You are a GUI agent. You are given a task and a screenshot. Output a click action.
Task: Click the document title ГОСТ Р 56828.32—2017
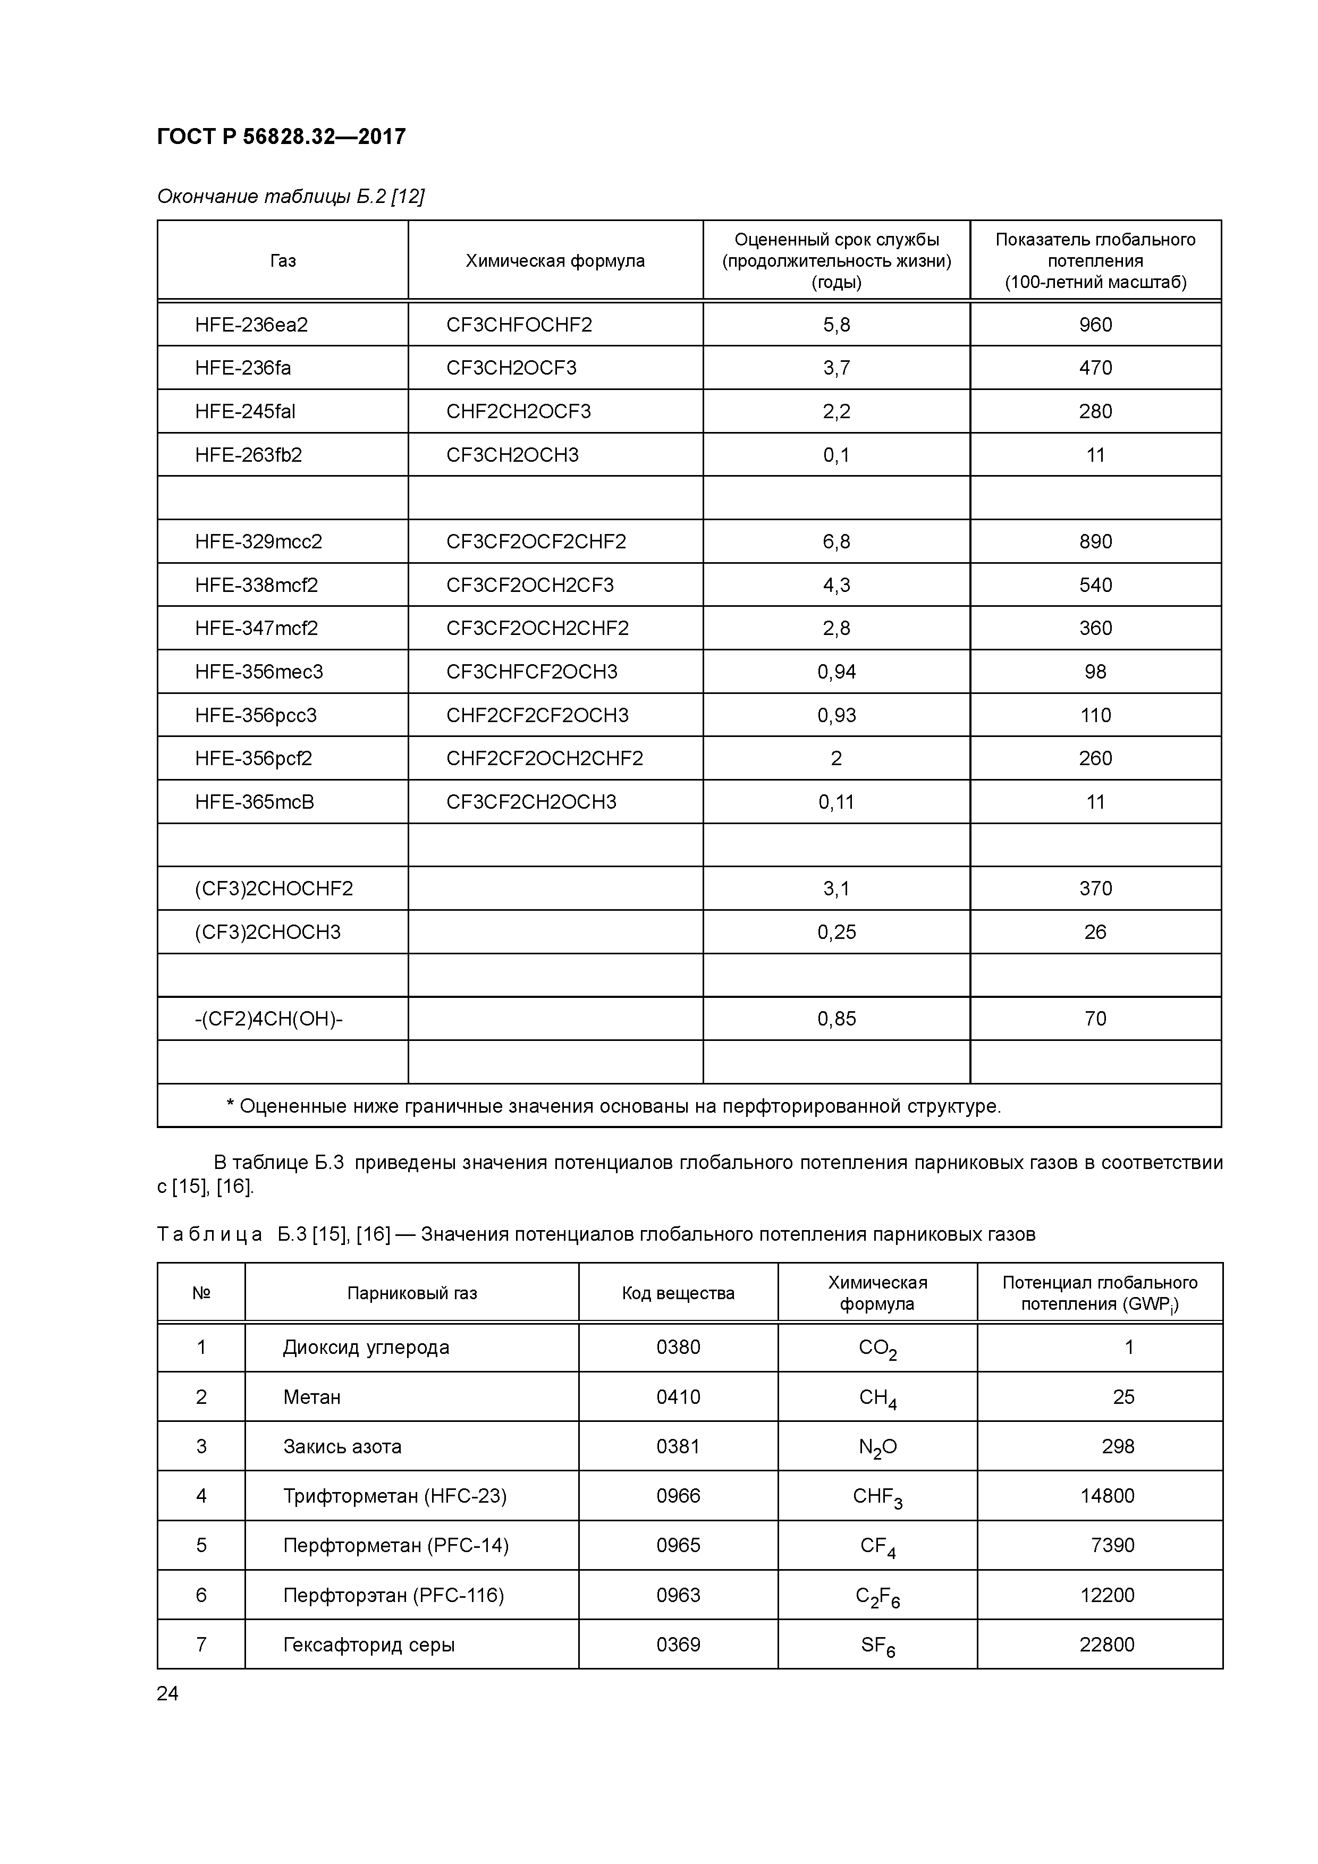point(281,137)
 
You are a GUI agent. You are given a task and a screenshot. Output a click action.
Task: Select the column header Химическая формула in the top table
point(555,260)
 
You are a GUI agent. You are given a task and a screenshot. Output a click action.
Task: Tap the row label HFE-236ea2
point(251,325)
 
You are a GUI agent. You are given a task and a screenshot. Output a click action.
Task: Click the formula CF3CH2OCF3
point(511,368)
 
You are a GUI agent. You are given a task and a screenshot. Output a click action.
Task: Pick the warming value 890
point(1095,541)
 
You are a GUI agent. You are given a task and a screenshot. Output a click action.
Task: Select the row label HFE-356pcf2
point(254,758)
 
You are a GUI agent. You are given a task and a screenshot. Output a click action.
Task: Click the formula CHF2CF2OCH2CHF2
point(544,758)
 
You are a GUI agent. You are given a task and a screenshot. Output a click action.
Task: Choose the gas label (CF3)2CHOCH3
point(267,932)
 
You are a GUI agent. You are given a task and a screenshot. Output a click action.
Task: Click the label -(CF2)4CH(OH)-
point(268,1018)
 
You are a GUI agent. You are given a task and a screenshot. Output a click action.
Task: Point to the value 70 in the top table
point(1095,1018)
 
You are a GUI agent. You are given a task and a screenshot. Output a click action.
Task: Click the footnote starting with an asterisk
point(613,1106)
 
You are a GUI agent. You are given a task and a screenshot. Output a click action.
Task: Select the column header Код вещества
point(678,1293)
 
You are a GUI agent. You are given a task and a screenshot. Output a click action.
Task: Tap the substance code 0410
point(678,1396)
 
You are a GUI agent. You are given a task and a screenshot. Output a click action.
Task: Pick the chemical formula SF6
point(877,1645)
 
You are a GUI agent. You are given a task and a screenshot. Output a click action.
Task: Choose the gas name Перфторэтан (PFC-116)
point(393,1595)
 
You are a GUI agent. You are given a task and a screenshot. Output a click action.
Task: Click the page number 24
point(167,1693)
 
